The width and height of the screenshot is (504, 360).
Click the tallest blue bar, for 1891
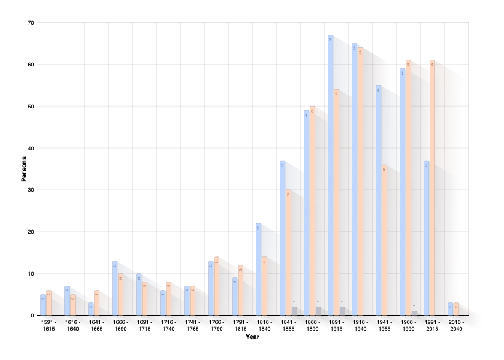[x=330, y=174]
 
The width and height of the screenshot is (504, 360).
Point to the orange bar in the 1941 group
[x=384, y=240]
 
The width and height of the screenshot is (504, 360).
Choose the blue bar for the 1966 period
[x=402, y=192]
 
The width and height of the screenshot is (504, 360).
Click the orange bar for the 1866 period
[x=312, y=210]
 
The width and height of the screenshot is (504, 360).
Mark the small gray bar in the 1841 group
[x=294, y=310]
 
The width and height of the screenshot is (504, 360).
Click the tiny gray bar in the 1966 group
[x=414, y=313]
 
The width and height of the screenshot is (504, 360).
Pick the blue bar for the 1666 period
[x=114, y=288]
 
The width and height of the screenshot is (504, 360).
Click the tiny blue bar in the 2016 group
[x=450, y=308]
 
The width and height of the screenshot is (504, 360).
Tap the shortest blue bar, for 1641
[x=90, y=308]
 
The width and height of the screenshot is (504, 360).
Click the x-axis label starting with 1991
[x=432, y=324]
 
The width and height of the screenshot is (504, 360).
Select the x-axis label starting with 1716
[x=168, y=324]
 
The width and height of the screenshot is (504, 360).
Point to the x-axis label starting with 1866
[x=312, y=324]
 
